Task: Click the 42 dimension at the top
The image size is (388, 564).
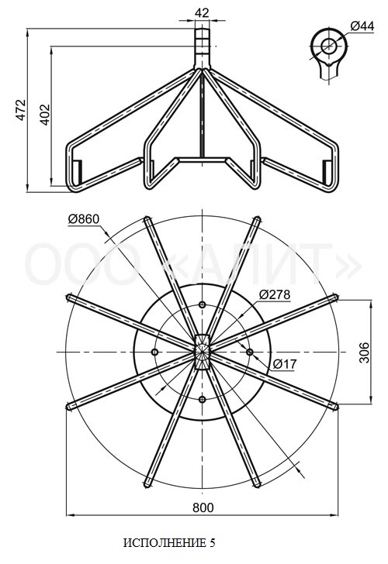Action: point(202,12)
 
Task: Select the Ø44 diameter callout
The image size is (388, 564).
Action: point(362,26)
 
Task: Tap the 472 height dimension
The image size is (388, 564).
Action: point(21,110)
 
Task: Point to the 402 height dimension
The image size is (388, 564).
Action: point(45,115)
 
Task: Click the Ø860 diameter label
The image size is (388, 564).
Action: point(84,219)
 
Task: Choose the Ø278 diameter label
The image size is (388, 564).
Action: point(275,294)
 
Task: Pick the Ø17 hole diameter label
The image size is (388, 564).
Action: point(285,364)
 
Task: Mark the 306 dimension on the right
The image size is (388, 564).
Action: point(365,352)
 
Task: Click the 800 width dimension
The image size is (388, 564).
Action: point(203,507)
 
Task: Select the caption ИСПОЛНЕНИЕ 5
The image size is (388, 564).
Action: point(169,543)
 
